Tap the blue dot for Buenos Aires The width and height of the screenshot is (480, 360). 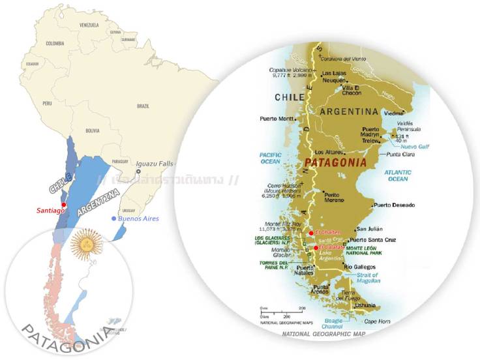[x=115, y=219]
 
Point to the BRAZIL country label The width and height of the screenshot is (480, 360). [x=143, y=106]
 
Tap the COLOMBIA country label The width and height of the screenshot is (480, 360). [x=55, y=44]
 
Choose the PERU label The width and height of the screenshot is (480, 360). [x=47, y=103]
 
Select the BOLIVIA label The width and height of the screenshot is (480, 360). [x=92, y=130]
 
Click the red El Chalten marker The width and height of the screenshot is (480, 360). [x=311, y=233]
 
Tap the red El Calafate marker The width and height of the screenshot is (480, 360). [x=316, y=248]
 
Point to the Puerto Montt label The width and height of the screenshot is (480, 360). [x=277, y=118]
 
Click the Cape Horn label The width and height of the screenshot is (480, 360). [x=376, y=321]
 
